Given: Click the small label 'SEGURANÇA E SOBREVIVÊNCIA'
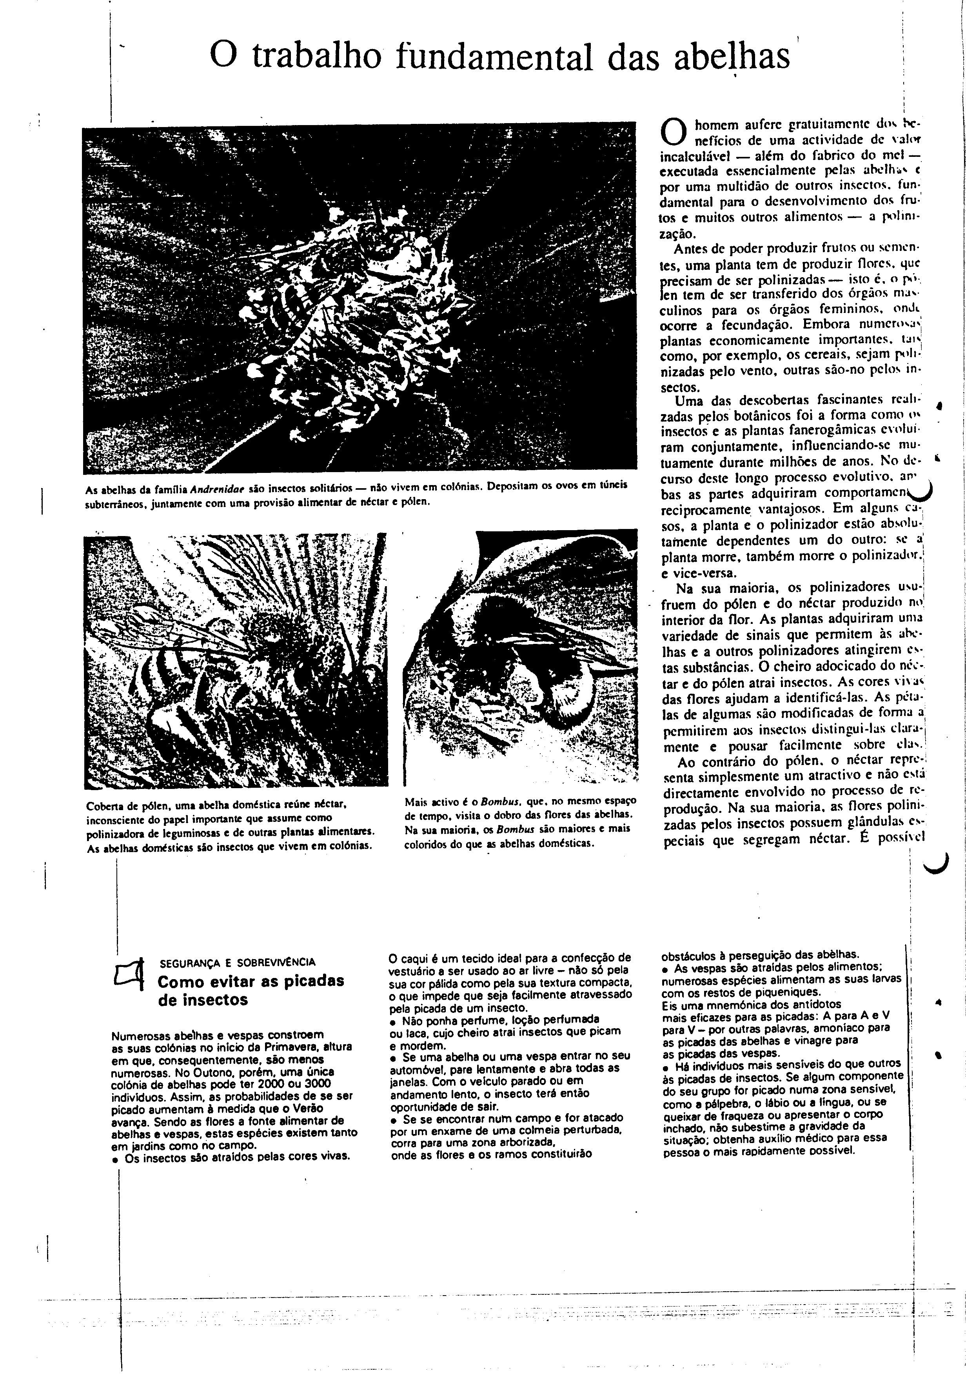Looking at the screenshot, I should point(238,963).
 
